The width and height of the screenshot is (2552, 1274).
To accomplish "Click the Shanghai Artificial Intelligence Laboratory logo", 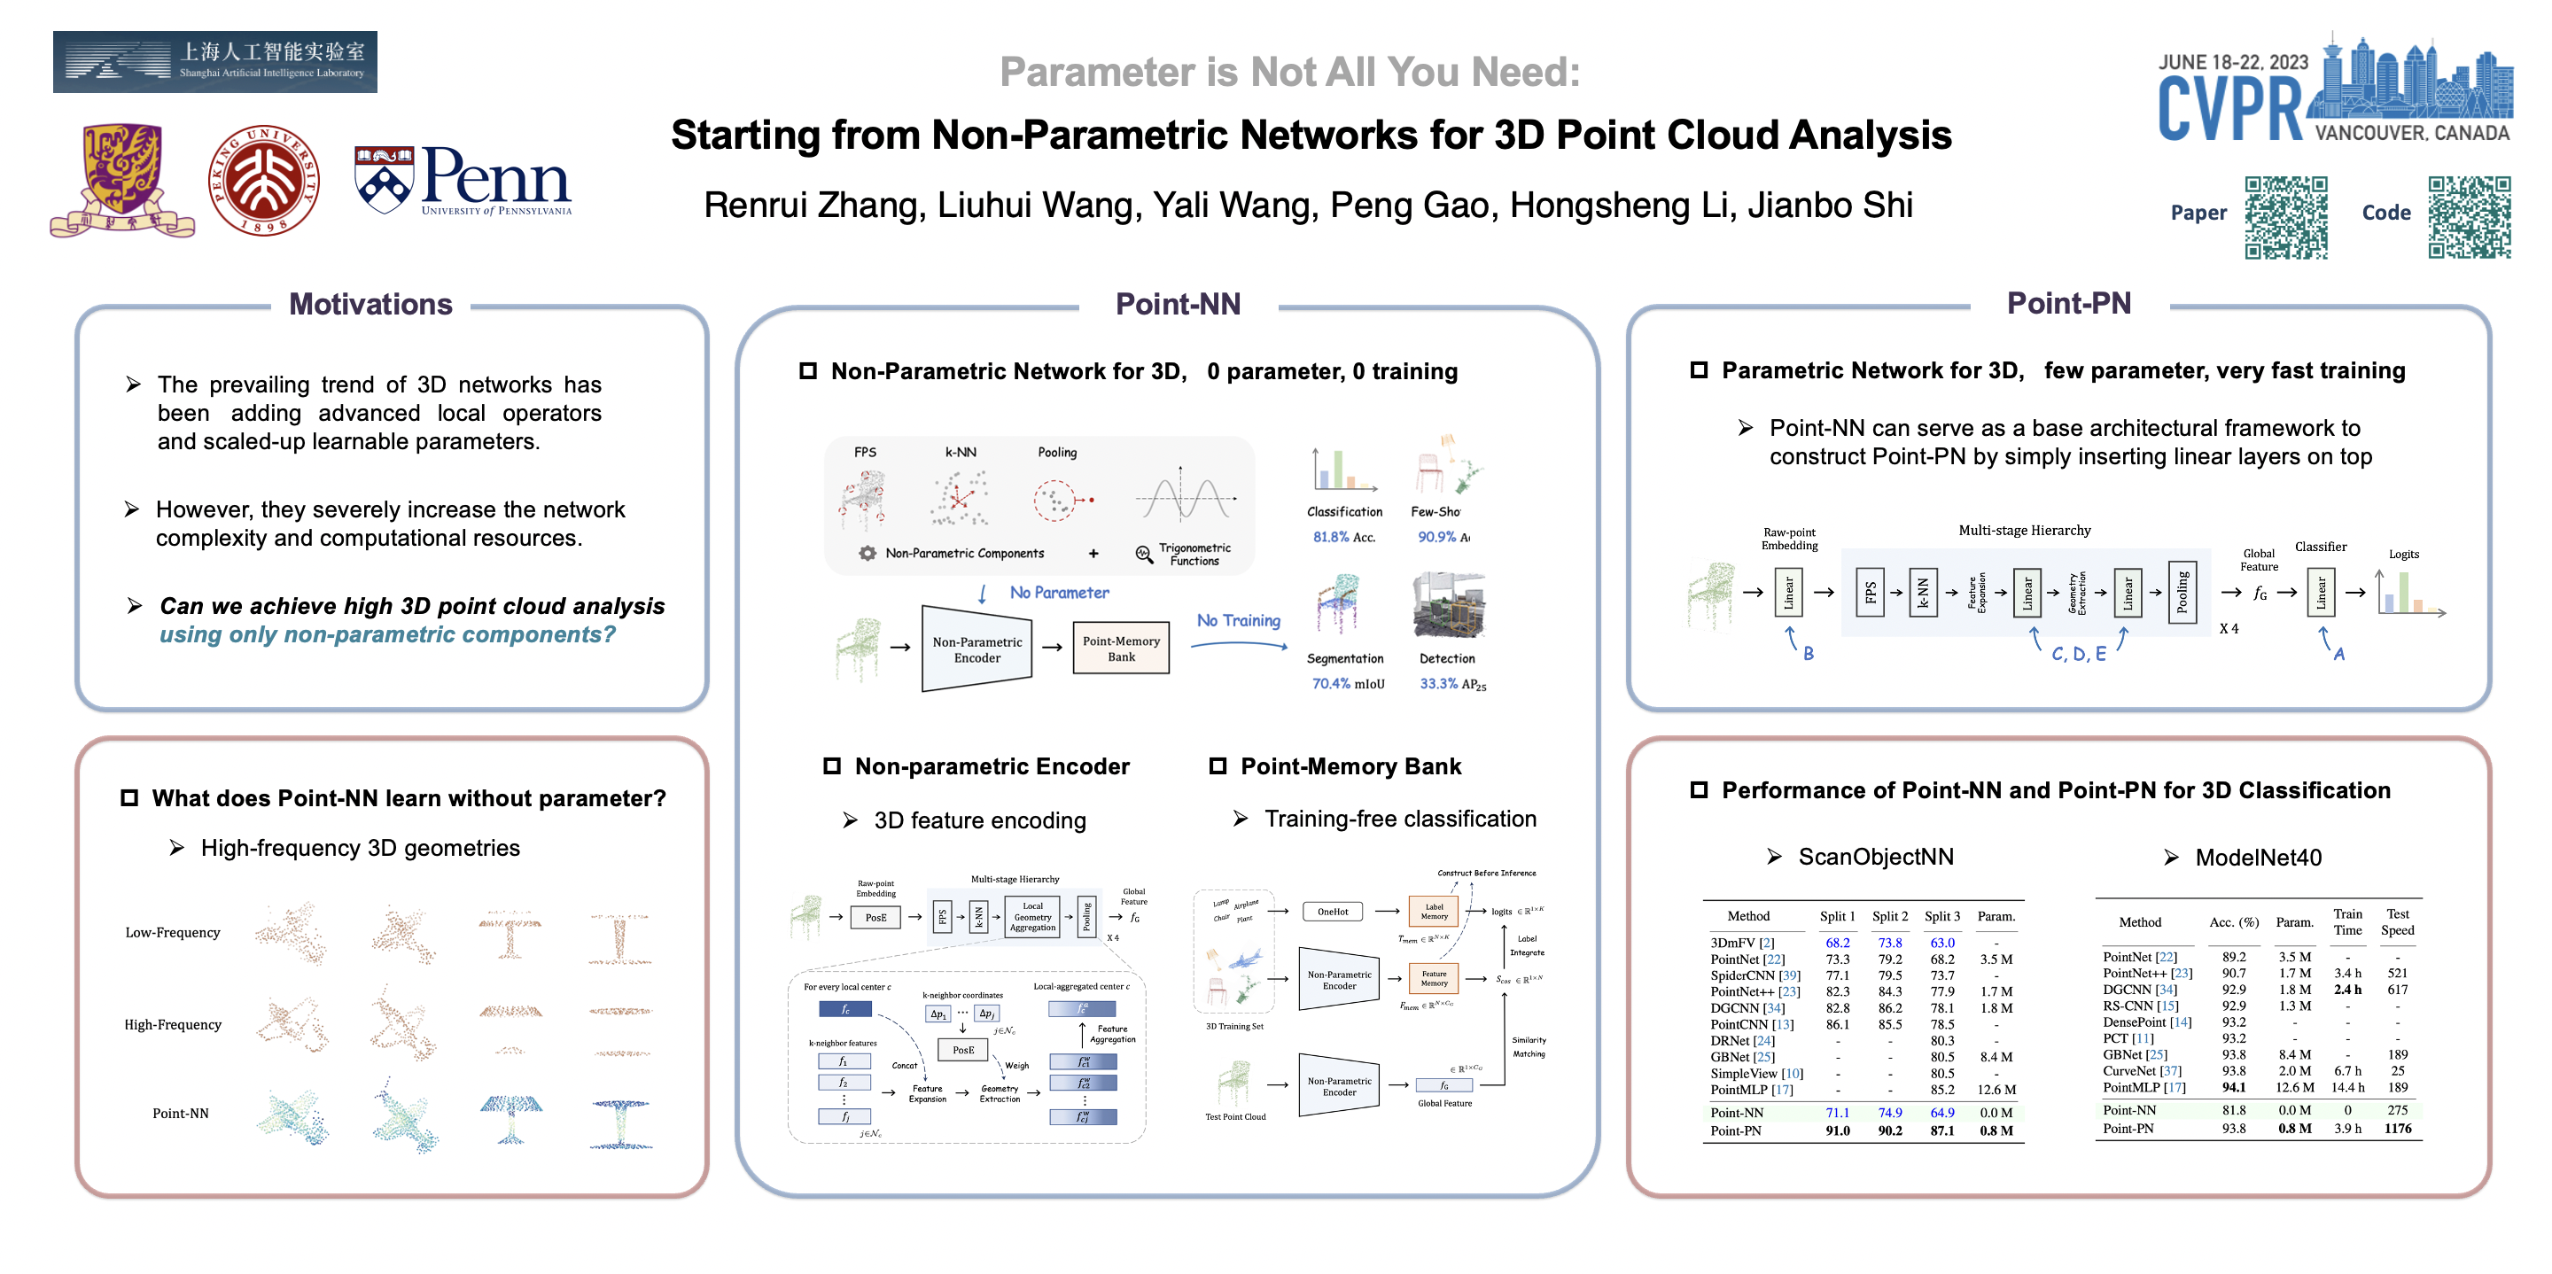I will coord(215,61).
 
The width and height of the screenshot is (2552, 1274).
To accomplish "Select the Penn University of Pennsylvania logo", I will coord(463,181).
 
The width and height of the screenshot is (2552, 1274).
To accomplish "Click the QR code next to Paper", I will coord(2285,217).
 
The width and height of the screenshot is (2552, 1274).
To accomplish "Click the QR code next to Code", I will coord(2469,217).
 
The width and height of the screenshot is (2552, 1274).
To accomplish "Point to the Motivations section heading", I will coord(370,304).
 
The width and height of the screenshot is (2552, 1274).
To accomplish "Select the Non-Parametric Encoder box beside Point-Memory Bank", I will coord(976,650).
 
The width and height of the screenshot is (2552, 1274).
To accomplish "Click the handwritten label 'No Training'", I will coord(1239,620).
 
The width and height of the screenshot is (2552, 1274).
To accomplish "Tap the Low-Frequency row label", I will coord(173,932).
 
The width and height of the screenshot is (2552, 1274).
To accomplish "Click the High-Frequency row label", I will coord(173,1024).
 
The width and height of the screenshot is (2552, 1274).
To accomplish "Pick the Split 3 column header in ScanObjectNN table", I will coord(1941,916).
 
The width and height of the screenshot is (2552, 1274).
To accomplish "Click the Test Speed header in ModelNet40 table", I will coord(2398,921).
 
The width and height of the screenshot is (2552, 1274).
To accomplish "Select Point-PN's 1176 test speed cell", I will coord(2398,1129).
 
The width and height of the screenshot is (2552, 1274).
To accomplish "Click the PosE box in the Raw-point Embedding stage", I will coord(875,917).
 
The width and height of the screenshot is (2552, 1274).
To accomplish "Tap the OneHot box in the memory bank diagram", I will coord(1333,912).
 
